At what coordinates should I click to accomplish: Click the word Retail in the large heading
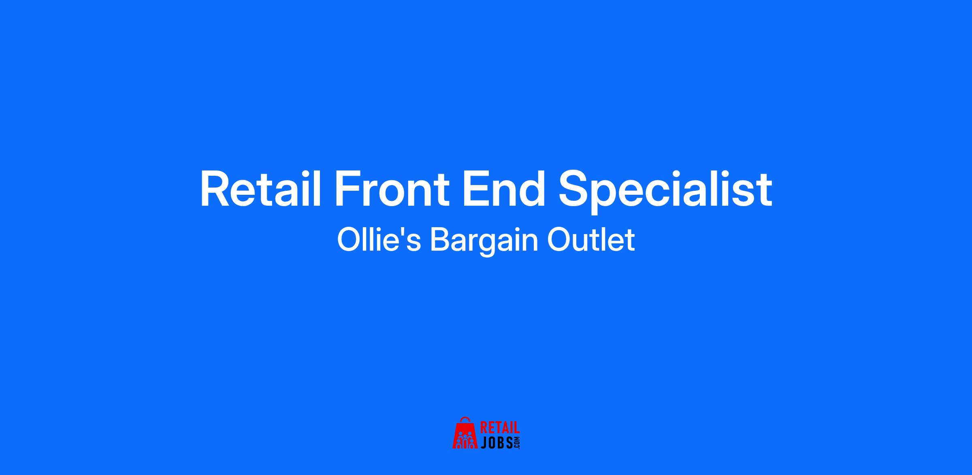(x=260, y=190)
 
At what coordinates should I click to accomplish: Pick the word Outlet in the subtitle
(x=591, y=240)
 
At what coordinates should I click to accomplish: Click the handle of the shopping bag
(x=465, y=419)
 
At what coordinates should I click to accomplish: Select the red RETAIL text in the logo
(x=500, y=428)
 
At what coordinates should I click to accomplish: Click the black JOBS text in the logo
(x=496, y=443)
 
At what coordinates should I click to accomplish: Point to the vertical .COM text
(x=517, y=443)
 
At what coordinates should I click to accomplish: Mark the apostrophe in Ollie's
(x=406, y=232)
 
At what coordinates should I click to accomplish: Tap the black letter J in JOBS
(x=484, y=443)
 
